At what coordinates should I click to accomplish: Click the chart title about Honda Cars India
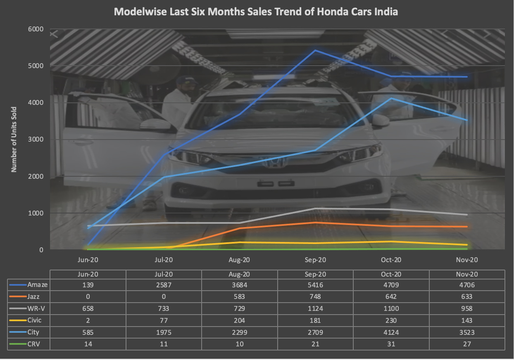pos(256,12)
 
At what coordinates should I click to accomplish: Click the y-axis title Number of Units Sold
pos(14,139)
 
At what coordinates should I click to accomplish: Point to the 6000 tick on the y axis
pos(36,29)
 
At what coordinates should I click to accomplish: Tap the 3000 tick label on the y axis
pos(36,140)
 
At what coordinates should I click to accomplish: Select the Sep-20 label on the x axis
pos(315,260)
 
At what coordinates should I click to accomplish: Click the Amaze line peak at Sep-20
pos(315,50)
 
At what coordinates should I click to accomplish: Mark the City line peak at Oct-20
pos(391,98)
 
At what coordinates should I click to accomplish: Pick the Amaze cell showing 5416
pos(315,285)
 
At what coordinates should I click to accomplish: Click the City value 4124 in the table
pos(391,332)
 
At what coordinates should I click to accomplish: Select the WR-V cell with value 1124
pos(315,308)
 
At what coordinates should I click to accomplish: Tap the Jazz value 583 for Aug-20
pos(239,297)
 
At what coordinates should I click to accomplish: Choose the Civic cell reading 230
pos(391,320)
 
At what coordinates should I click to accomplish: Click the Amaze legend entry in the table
pos(37,285)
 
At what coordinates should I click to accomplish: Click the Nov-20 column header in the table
pos(467,275)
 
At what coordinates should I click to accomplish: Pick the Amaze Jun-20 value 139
pos(88,285)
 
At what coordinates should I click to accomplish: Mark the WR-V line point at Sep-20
pos(315,208)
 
